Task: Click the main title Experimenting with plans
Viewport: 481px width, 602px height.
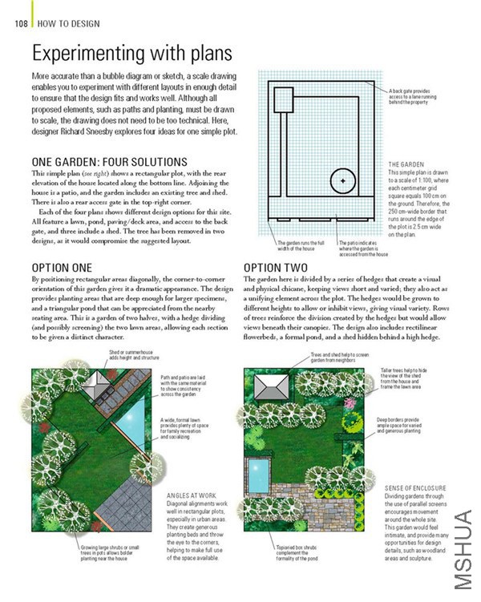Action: tap(132, 55)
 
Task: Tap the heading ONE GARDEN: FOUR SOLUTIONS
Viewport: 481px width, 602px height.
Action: tap(109, 162)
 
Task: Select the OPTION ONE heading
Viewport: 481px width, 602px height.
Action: tap(62, 267)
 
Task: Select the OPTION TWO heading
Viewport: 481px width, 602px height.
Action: tap(275, 267)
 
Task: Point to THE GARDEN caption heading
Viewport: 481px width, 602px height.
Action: tap(407, 164)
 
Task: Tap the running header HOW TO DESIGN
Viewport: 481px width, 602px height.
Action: tap(69, 24)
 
